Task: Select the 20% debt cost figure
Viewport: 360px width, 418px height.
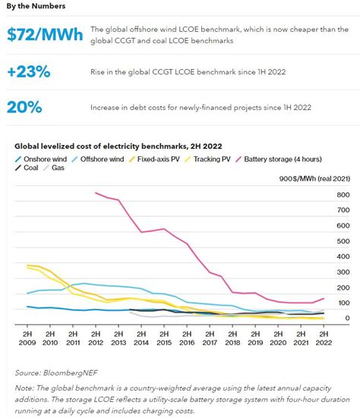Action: tap(29, 108)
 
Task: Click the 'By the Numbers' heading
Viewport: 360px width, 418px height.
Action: tap(36, 6)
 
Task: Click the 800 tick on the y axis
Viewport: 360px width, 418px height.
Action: tap(343, 195)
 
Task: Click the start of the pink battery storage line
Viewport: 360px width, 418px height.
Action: tap(95, 193)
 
